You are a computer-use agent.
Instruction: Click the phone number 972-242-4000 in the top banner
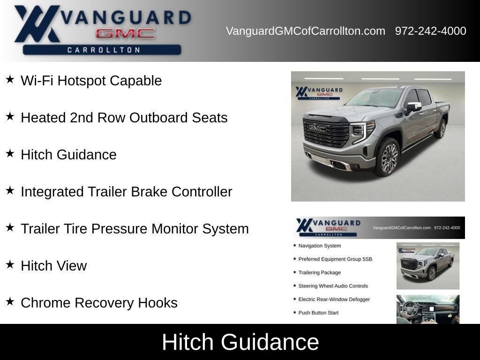pos(430,31)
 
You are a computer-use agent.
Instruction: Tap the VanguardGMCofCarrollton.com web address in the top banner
pos(306,31)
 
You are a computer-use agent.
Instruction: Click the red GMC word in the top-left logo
pos(125,34)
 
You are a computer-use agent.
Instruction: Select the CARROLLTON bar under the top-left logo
pos(102,50)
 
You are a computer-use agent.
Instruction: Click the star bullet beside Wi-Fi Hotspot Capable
pos(10,79)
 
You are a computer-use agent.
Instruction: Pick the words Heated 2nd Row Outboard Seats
pos(124,118)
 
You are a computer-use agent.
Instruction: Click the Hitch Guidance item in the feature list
pos(68,155)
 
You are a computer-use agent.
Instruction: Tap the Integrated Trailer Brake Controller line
pos(127,192)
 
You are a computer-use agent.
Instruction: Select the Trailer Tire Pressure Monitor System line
pos(135,229)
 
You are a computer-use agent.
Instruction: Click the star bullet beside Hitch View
pos(10,264)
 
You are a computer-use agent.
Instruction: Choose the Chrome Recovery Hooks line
pos(99,303)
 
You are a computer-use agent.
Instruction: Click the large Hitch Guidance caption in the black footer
pos(240,342)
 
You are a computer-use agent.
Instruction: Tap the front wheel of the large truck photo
pos(388,157)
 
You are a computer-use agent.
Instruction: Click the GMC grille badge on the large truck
pos(317,128)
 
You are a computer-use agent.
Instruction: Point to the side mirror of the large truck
pos(413,107)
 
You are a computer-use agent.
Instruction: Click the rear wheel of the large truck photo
pos(442,129)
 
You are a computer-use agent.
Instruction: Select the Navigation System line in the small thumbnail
pos(320,246)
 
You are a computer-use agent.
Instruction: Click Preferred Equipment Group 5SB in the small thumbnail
pos(335,259)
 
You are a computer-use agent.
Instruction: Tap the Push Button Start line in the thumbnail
pos(318,313)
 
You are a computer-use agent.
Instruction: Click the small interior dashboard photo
pos(428,309)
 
